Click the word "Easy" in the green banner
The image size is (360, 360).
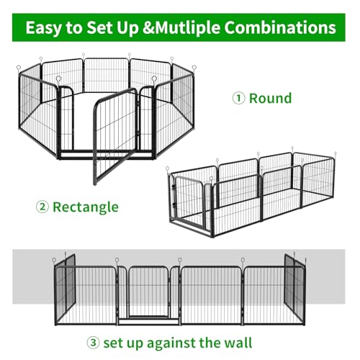[43, 28]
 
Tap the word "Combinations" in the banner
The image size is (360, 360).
[280, 27]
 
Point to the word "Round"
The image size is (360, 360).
[270, 98]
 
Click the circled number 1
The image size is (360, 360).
[238, 98]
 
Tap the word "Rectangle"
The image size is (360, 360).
[86, 207]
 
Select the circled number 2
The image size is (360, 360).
[42, 207]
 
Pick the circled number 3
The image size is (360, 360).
[93, 343]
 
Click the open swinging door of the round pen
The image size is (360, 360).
[115, 136]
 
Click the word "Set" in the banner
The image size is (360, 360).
[100, 28]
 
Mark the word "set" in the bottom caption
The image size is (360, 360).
[113, 343]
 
